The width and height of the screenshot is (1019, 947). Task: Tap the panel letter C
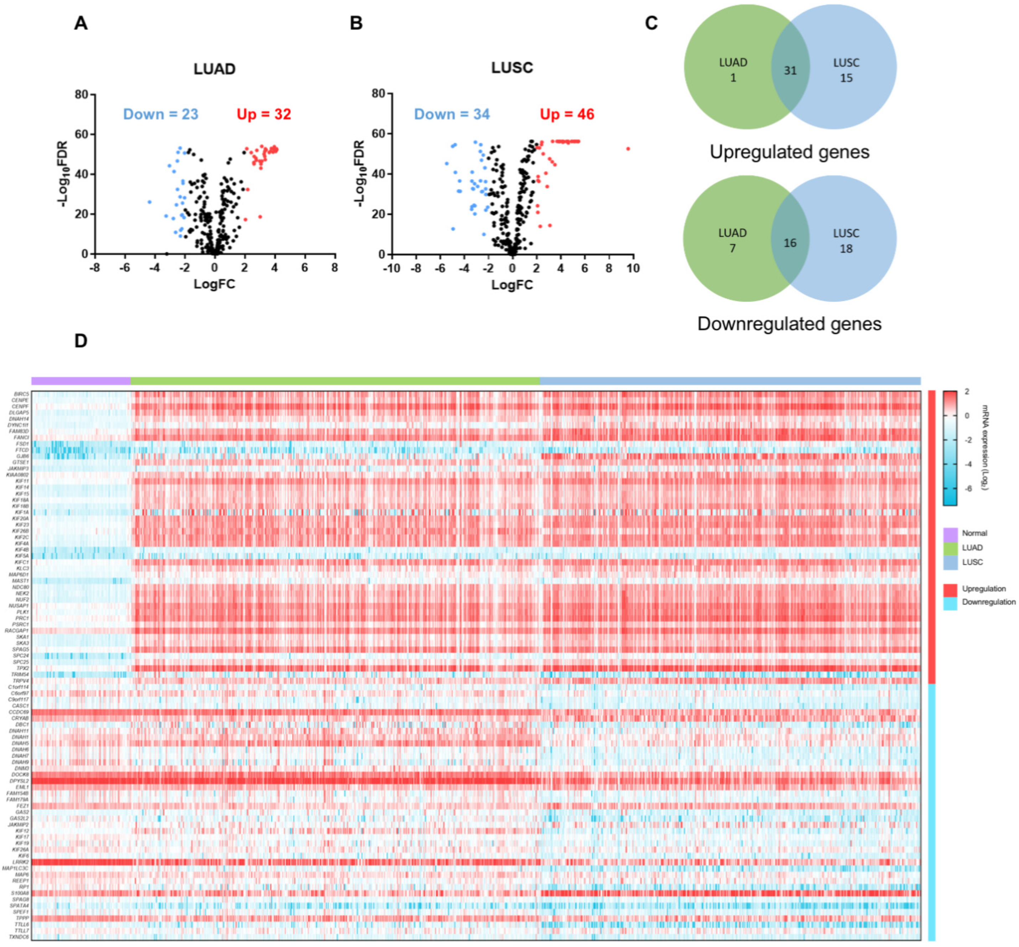click(x=651, y=23)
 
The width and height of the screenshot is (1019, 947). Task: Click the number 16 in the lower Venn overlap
click(x=790, y=243)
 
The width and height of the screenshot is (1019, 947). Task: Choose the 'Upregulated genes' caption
click(x=789, y=152)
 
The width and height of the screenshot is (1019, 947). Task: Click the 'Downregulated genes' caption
click(x=789, y=324)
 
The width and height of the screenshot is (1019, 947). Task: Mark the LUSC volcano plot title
click(x=512, y=68)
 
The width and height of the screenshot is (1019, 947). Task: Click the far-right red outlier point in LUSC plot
click(x=628, y=149)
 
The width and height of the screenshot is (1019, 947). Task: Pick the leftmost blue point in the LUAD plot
click(x=150, y=202)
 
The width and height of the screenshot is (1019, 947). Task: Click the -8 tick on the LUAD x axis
click(x=95, y=268)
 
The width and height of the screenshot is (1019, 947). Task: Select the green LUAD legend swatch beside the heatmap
click(x=950, y=548)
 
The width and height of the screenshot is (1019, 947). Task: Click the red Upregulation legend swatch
click(x=950, y=589)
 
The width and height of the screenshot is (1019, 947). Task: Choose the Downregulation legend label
click(x=988, y=602)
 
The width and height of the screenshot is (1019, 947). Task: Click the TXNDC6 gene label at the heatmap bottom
click(x=19, y=937)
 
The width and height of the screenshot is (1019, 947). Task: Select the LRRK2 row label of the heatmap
click(x=21, y=862)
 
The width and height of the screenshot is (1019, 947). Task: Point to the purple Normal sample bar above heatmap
click(x=81, y=381)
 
